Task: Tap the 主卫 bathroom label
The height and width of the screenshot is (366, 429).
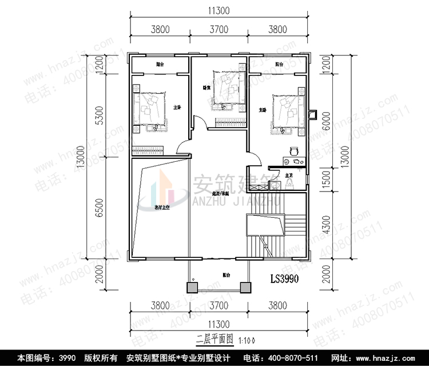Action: point(289,175)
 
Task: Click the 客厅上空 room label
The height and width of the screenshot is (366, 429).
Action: point(162,208)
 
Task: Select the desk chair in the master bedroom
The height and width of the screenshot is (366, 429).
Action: point(293,151)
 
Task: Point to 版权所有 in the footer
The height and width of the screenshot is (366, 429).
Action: point(101,359)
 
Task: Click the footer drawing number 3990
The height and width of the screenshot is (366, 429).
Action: point(66,359)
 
